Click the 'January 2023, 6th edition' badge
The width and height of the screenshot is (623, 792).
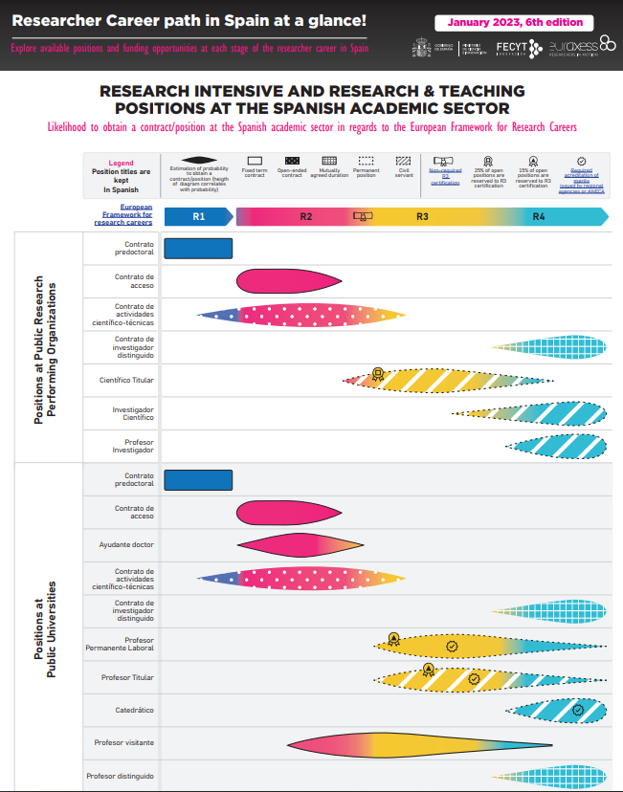[x=514, y=23]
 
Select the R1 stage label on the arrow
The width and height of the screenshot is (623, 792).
[x=199, y=217]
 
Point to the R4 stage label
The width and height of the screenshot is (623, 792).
[x=539, y=217]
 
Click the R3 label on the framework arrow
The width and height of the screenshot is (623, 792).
[x=422, y=217]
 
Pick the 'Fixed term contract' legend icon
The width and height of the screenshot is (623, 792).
[x=255, y=161]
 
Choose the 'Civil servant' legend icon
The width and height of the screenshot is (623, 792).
[x=403, y=161]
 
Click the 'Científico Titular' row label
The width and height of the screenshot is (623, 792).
[x=126, y=381]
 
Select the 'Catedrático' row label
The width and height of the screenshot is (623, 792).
[x=133, y=711]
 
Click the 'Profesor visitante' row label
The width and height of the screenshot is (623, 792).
[x=124, y=743]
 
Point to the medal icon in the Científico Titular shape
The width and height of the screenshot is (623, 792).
[x=378, y=374]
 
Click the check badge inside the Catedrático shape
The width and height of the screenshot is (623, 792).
[x=577, y=710]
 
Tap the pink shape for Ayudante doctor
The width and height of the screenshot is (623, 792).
[x=297, y=544]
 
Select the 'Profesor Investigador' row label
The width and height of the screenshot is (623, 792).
[x=133, y=446]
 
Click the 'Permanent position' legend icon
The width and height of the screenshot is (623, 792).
[x=367, y=161]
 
